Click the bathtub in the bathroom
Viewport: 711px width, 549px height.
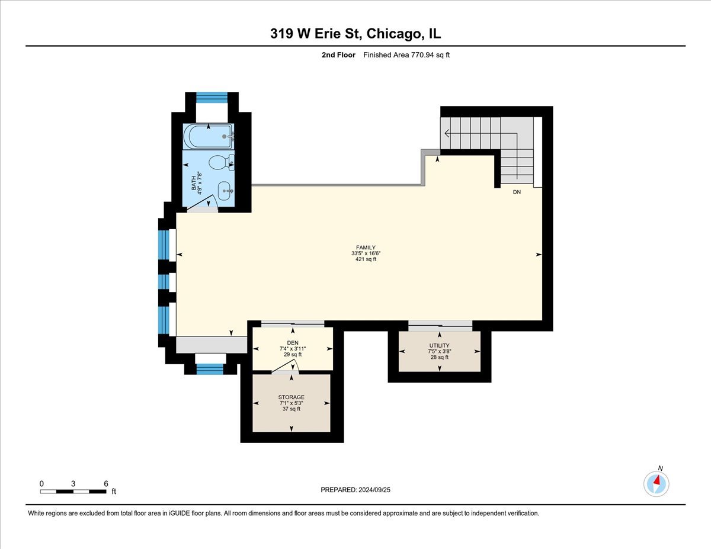[207, 137]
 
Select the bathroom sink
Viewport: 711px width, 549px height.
[224, 191]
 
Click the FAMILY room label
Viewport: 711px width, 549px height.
[366, 248]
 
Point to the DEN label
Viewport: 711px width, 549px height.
[292, 342]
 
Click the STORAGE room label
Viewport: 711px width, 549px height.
[291, 397]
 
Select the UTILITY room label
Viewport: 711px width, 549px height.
[439, 345]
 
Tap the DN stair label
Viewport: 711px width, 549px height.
[517, 192]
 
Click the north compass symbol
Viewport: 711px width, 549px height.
[656, 483]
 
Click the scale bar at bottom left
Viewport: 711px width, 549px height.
[73, 491]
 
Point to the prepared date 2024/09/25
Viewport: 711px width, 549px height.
[355, 490]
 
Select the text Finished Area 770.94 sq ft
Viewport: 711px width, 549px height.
[411, 55]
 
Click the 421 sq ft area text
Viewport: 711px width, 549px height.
[366, 260]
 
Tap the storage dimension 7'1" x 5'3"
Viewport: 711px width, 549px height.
[291, 403]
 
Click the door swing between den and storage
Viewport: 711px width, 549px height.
[286, 367]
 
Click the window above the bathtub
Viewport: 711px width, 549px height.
[212, 97]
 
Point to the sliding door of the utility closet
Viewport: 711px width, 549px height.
[440, 325]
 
